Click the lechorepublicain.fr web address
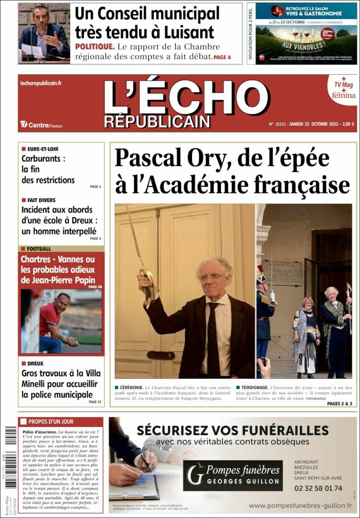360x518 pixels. coord(41,83)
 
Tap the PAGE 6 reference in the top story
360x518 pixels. coord(222,57)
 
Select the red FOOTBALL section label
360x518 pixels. coord(39,249)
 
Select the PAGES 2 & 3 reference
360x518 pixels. coord(339,403)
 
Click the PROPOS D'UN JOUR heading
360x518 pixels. coord(51,422)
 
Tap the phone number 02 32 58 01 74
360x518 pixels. coord(318,488)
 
